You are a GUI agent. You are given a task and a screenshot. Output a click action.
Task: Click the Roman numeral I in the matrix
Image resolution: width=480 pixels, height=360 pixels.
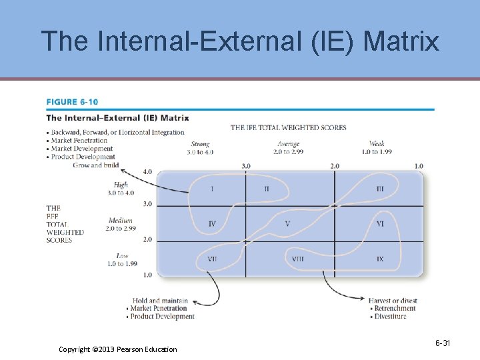click(x=212, y=189)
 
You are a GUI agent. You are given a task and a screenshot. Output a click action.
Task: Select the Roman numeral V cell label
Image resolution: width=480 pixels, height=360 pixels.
click(x=287, y=223)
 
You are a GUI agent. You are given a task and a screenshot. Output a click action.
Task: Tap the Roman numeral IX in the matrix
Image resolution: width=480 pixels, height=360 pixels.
click(x=380, y=259)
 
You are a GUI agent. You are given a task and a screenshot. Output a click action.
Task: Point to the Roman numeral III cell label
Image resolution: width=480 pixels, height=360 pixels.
click(x=380, y=189)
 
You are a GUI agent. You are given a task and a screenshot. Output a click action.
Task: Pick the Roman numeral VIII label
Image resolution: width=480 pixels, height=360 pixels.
click(x=297, y=259)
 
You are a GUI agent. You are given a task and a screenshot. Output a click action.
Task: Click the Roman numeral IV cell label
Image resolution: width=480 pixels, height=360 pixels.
click(x=212, y=223)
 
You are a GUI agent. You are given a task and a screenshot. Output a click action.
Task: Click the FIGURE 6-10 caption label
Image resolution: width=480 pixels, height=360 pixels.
click(x=72, y=102)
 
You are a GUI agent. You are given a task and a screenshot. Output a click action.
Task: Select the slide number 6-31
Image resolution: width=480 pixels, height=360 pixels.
click(x=443, y=343)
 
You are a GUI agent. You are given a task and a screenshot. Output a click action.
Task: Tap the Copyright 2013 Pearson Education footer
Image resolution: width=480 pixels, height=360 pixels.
click(x=118, y=349)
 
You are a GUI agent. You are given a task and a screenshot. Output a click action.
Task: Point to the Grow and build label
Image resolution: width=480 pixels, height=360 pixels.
click(x=96, y=165)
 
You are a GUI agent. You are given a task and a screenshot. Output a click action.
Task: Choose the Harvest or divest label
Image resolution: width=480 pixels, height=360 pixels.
click(x=393, y=301)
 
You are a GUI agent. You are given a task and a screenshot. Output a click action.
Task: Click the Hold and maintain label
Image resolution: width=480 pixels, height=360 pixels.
click(x=160, y=301)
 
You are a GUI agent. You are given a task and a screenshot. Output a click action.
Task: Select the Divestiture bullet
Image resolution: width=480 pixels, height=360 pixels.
click(x=390, y=316)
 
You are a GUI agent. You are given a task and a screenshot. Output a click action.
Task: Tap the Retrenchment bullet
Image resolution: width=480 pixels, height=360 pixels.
click(x=395, y=309)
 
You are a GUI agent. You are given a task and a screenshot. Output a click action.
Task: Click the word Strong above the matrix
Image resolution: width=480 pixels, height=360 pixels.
click(x=200, y=144)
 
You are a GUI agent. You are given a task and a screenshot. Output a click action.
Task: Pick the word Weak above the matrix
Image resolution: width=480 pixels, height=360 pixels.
click(x=377, y=144)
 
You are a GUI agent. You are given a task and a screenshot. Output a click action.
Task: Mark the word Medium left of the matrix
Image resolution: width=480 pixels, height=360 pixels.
click(x=120, y=221)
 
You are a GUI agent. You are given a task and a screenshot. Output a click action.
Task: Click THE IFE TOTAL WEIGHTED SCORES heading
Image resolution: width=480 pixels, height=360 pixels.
click(x=289, y=128)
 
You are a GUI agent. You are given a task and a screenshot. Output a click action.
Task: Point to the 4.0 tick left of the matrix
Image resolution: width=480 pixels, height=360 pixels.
click(x=147, y=171)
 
